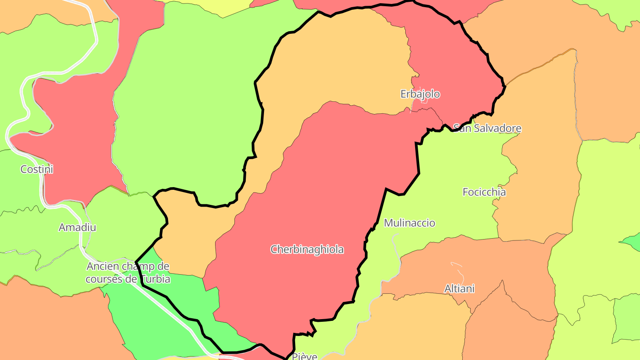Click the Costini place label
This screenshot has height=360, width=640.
click(x=37, y=169)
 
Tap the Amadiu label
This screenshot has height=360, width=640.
click(x=77, y=228)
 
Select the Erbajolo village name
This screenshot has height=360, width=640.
click(x=420, y=94)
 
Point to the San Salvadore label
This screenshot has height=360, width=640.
click(x=487, y=128)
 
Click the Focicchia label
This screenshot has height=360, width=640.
click(x=484, y=192)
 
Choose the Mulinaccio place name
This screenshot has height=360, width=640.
click(x=409, y=223)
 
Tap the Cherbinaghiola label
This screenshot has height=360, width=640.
click(x=307, y=249)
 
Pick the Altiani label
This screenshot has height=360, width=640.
click(x=460, y=289)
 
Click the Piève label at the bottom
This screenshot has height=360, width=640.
click(x=304, y=356)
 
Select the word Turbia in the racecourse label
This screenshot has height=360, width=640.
click(x=154, y=279)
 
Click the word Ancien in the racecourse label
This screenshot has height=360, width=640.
click(x=103, y=266)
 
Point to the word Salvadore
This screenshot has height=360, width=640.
click(x=497, y=128)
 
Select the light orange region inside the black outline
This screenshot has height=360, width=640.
click(x=338, y=62)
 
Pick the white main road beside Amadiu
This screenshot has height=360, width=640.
click(x=81, y=240)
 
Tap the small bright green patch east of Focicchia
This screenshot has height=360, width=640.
click(x=631, y=241)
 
